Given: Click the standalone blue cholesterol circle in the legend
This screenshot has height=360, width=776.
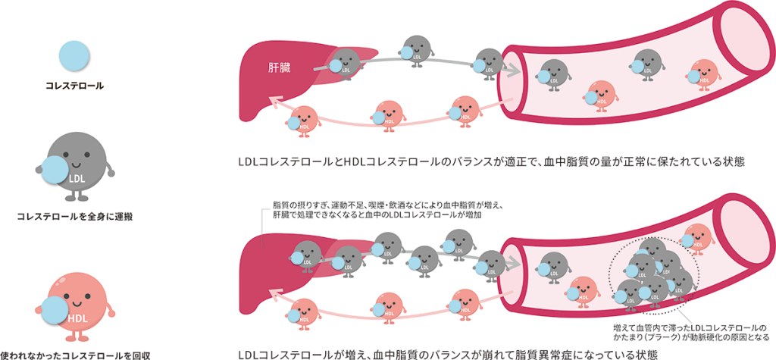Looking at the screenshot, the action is [x=74, y=56].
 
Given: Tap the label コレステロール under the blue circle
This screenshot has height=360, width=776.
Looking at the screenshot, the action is [x=74, y=86].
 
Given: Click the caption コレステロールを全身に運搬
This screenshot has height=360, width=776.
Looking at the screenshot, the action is [x=74, y=217].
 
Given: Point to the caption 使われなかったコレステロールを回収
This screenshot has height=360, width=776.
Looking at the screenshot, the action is [x=74, y=355].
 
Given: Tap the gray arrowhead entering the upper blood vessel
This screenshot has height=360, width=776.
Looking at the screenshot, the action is [x=514, y=70].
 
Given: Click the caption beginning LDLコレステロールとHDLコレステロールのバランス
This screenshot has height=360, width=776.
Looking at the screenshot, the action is [x=491, y=163].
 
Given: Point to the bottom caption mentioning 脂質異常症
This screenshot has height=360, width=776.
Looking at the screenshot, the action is [x=448, y=355].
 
